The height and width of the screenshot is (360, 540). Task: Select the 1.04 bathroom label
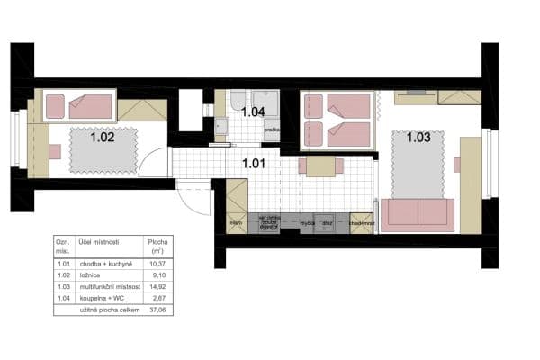pos(253,112)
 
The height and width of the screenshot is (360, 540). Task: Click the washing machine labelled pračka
pos(272,131)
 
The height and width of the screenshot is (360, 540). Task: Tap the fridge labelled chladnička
pos(361,222)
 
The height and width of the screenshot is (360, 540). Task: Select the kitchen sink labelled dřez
pos(329,222)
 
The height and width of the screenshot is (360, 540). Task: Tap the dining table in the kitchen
pos(319,166)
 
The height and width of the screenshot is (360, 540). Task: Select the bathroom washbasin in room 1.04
pos(221,126)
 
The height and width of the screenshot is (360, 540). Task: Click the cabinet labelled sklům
pos(236,222)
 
